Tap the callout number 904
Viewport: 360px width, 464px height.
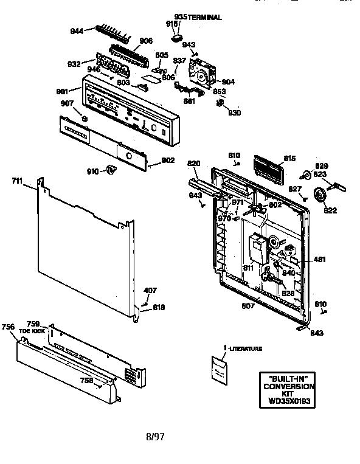(x=228, y=81)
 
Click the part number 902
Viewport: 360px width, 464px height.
(x=168, y=161)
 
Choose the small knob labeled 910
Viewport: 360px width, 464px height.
(x=110, y=170)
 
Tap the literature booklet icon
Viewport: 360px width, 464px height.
(x=219, y=369)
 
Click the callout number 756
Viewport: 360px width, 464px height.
(x=9, y=327)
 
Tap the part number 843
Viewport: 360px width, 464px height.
(x=316, y=333)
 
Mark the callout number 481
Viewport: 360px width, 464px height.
(x=320, y=260)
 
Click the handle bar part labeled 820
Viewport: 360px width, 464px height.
(x=201, y=185)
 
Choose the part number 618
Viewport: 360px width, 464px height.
(x=158, y=308)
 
